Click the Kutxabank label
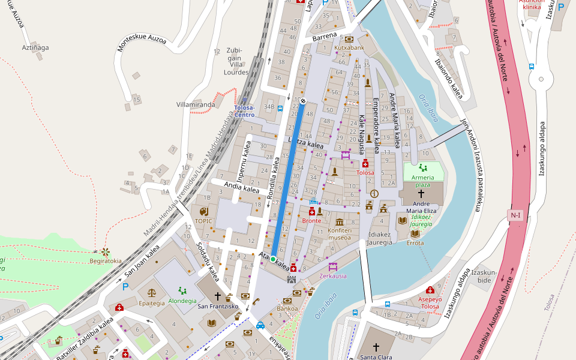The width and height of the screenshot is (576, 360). [x=349, y=47]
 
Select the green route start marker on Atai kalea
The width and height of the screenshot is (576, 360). [x=273, y=259]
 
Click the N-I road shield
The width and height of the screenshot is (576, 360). [x=515, y=215]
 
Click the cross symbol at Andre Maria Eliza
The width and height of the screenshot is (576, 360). [x=421, y=194]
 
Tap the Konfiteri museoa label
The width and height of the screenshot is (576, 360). [x=339, y=233]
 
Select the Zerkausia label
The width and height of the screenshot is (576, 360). [x=333, y=276]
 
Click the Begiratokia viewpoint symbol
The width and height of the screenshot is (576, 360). [x=106, y=251]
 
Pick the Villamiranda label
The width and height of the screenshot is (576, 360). [x=196, y=104]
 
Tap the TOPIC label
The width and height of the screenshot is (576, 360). [x=204, y=221]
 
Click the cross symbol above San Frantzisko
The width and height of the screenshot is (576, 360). [x=218, y=296]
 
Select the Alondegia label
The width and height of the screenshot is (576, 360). [x=182, y=301]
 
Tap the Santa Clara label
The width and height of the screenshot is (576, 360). [x=376, y=357]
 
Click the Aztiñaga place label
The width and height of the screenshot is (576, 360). [x=35, y=47]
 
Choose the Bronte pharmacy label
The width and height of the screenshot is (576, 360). [x=311, y=221]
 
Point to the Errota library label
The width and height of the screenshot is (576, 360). [x=415, y=243]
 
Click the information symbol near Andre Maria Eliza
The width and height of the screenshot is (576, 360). [x=374, y=194]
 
